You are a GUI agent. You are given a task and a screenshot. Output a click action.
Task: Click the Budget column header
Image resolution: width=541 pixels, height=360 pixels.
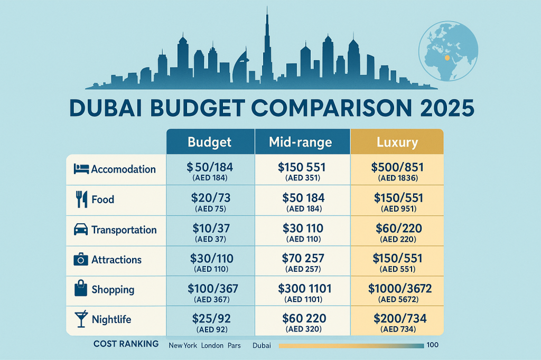[x=210, y=142]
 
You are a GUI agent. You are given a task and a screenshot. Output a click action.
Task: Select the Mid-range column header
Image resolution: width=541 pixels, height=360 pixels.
[x=300, y=142]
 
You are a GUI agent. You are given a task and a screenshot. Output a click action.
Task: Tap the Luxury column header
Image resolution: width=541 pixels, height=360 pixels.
[x=397, y=142]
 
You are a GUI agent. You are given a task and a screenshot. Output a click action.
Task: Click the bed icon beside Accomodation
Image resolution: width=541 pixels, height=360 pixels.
[x=81, y=169]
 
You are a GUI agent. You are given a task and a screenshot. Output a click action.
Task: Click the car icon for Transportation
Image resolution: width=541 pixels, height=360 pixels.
[x=81, y=230]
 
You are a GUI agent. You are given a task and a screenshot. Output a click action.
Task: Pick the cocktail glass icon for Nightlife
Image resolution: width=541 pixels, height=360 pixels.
[x=81, y=319]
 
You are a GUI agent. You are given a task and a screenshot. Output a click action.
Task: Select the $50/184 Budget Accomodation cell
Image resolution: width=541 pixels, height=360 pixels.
[x=210, y=172]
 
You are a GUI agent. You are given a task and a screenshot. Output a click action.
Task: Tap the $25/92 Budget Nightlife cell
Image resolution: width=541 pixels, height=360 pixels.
[x=210, y=323]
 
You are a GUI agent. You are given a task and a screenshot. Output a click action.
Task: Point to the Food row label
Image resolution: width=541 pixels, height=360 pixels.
[x=102, y=200]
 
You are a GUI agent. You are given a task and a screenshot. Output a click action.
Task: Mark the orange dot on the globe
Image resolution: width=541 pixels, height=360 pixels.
[x=447, y=58]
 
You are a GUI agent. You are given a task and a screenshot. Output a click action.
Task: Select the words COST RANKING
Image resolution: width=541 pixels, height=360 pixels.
[x=126, y=344]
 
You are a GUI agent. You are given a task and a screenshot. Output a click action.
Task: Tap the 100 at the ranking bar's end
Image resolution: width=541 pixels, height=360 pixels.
[x=432, y=345]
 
